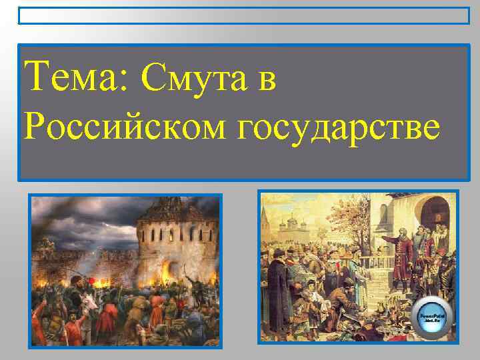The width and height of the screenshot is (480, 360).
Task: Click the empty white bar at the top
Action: [243, 15]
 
